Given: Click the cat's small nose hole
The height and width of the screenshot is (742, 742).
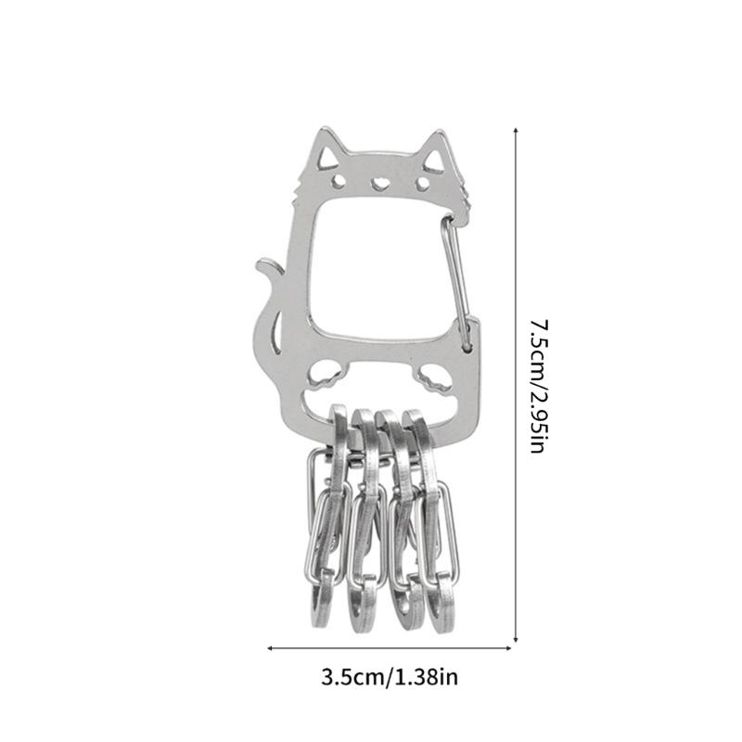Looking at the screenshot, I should [x=378, y=182].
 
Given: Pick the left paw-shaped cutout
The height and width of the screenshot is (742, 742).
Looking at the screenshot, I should [x=324, y=376].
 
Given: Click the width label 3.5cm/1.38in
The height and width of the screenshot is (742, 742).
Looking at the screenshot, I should [x=390, y=677].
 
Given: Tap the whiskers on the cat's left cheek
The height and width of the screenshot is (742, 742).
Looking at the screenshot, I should [x=296, y=190].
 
